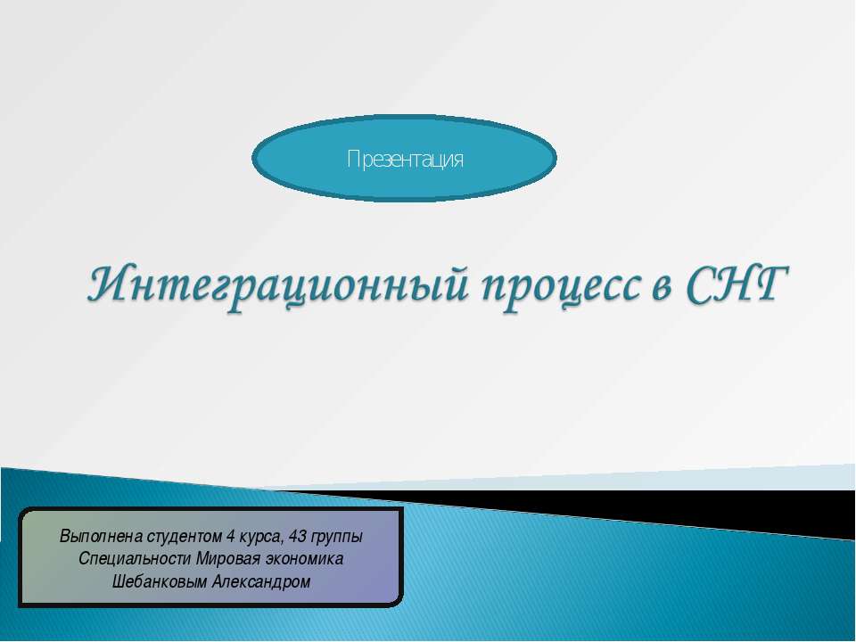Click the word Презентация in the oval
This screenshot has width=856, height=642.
(x=405, y=160)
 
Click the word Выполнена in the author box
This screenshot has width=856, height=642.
(x=96, y=537)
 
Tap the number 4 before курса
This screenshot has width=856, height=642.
(x=230, y=537)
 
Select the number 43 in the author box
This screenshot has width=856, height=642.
(x=300, y=537)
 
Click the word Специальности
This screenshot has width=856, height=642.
(x=131, y=559)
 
